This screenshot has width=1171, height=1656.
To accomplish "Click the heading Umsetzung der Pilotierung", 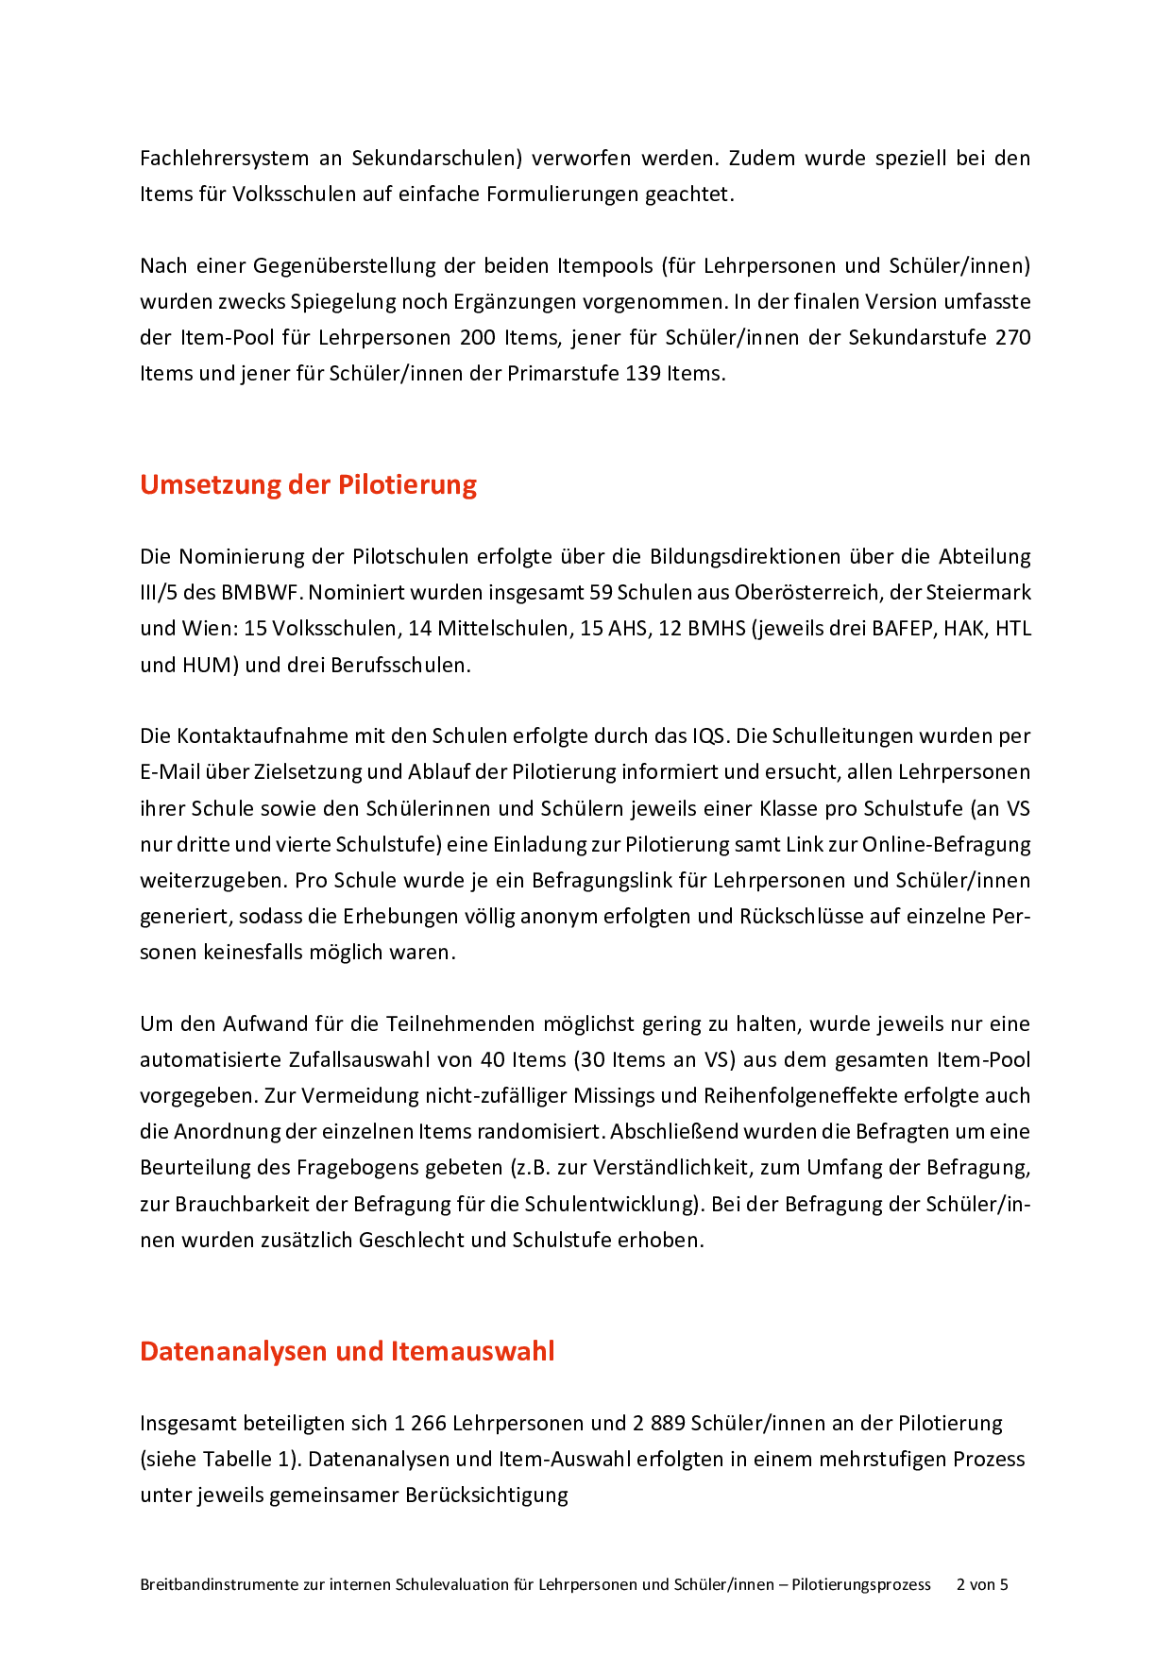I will click(x=308, y=484).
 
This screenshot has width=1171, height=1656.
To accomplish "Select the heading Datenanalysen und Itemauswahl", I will click(x=347, y=1351).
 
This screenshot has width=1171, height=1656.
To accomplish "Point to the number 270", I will click(x=1012, y=337).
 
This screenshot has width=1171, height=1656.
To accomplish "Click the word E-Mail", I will click(x=170, y=771).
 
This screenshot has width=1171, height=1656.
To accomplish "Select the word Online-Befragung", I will click(x=946, y=844).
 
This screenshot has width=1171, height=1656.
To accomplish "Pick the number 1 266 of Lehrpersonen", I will click(x=420, y=1423).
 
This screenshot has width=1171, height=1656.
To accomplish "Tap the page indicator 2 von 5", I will click(x=982, y=1584).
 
